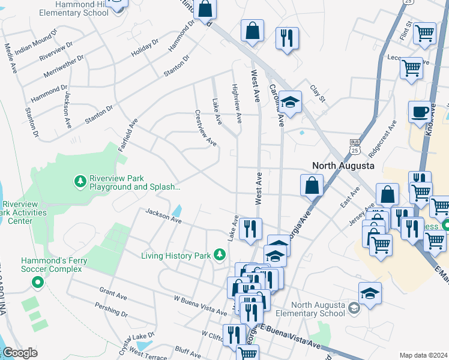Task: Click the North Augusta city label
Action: [343, 165]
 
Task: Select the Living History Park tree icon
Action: [220, 256]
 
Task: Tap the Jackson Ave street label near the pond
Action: [164, 216]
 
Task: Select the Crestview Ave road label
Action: [205, 128]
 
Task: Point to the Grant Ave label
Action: [112, 293]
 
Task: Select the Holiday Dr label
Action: [145, 49]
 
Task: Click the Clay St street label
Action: [317, 93]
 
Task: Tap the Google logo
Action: [20, 353]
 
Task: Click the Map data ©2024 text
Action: [423, 355]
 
